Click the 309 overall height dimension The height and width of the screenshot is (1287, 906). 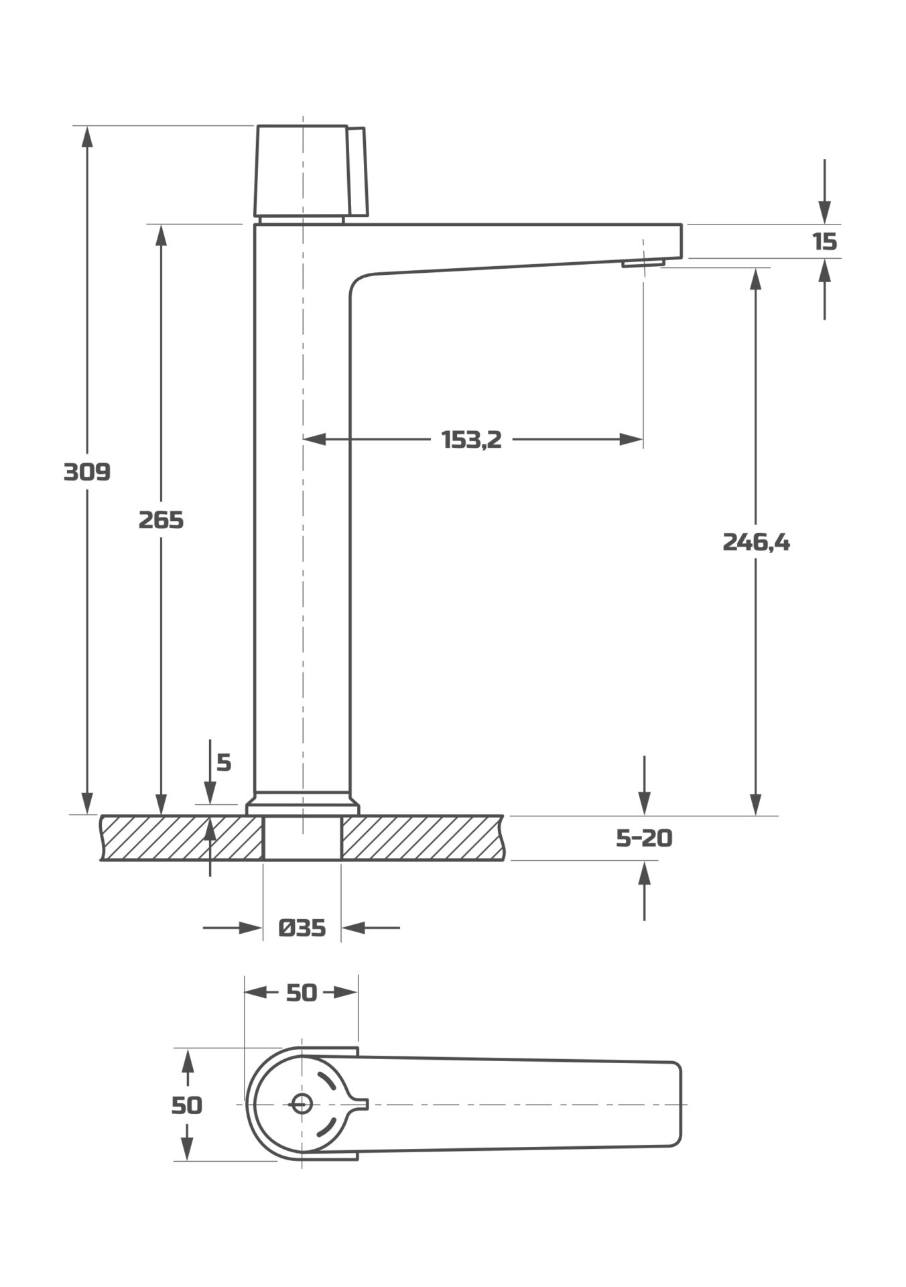(86, 472)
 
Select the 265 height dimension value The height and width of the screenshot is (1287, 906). (161, 519)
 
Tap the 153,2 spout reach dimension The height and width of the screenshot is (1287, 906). (471, 440)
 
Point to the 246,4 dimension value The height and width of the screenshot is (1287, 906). (756, 542)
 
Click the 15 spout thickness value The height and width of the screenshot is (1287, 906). (825, 241)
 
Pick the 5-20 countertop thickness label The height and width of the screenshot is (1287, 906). (643, 838)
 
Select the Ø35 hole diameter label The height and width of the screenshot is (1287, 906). (302, 928)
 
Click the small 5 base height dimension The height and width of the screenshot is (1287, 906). (224, 763)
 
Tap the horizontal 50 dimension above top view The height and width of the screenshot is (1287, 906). (301, 993)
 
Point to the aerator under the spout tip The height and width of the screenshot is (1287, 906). (643, 263)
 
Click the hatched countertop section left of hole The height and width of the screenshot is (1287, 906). (181, 838)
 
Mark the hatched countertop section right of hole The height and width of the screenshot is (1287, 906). (422, 838)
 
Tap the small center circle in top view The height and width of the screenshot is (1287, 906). (302, 1104)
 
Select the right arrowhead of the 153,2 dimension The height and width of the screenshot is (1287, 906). (632, 440)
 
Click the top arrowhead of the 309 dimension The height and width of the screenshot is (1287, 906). (86, 135)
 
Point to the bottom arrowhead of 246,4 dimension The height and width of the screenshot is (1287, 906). (756, 805)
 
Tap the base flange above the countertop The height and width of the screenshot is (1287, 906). (303, 804)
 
